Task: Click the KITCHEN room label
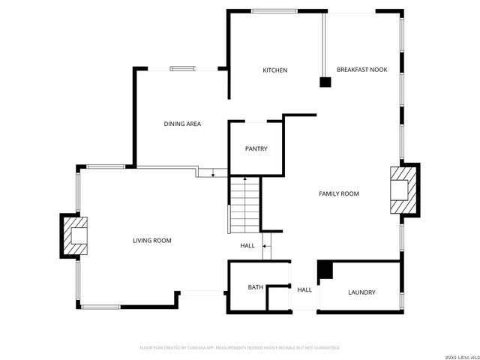click(x=274, y=70)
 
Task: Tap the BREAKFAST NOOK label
click(x=361, y=70)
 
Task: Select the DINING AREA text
click(x=182, y=124)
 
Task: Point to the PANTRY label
click(x=256, y=148)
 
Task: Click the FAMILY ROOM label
click(x=339, y=193)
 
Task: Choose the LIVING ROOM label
click(x=152, y=241)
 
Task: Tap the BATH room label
click(x=256, y=287)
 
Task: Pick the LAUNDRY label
click(x=361, y=292)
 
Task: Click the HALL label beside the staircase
click(x=247, y=246)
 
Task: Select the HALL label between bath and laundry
click(x=304, y=289)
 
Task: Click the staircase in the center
click(x=244, y=205)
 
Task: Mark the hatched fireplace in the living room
click(x=75, y=236)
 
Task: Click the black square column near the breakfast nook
click(x=325, y=82)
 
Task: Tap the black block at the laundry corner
click(x=325, y=270)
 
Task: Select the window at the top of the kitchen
click(x=273, y=10)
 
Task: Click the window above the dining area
click(x=182, y=68)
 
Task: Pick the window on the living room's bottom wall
click(x=100, y=306)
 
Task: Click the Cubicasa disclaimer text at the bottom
click(x=240, y=348)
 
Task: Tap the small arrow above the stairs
click(x=213, y=175)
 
